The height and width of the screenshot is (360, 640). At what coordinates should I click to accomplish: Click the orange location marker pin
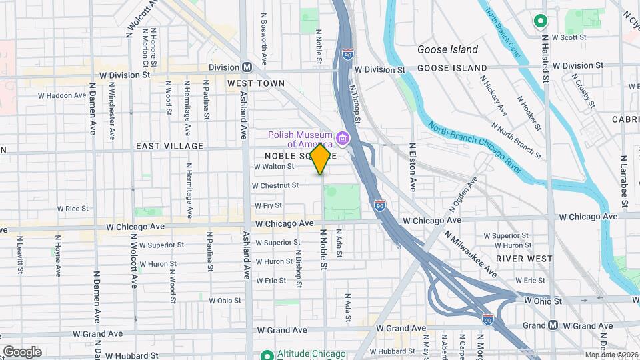click(321, 159)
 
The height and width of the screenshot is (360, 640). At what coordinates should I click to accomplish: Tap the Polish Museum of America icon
click(343, 139)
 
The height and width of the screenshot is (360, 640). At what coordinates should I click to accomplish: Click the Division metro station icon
click(247, 67)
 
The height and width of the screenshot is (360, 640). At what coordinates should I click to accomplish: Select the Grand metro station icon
click(553, 325)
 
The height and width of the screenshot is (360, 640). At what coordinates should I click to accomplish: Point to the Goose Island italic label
click(447, 49)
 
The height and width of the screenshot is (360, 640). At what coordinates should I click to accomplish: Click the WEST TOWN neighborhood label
click(255, 83)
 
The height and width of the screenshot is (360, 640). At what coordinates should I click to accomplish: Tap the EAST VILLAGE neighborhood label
click(169, 146)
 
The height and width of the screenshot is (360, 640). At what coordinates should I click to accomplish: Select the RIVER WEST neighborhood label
click(524, 258)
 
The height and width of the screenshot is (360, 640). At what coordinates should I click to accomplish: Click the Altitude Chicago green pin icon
click(267, 354)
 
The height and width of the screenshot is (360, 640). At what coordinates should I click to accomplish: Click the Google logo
click(22, 351)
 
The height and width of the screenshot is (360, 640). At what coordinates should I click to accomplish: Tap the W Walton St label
click(274, 166)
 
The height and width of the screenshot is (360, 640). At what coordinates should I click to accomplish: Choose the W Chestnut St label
click(275, 185)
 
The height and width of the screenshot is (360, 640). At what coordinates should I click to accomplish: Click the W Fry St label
click(268, 205)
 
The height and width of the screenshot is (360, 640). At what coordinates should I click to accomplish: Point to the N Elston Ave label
click(413, 167)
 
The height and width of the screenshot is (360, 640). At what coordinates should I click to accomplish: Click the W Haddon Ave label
click(62, 95)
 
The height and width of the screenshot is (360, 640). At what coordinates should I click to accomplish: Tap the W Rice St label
click(73, 209)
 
